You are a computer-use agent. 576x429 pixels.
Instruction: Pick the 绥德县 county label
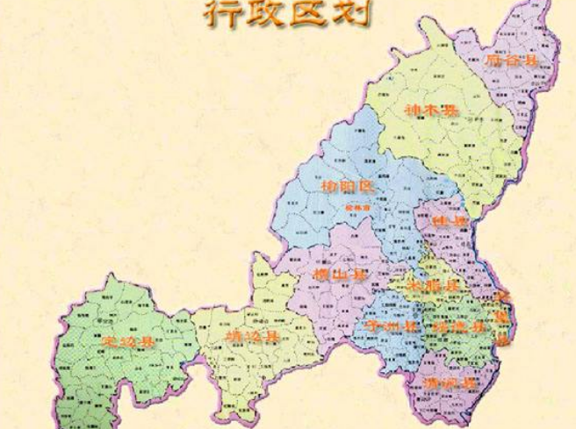tap(457, 326)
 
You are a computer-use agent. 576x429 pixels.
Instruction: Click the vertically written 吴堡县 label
tap(502, 316)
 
